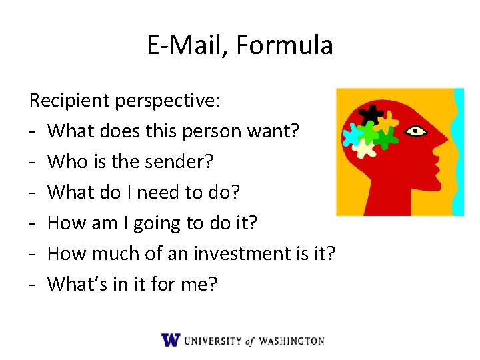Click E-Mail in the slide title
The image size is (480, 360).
pos(186,45)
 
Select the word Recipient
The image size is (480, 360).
pos(69,101)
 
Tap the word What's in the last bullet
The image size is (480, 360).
pos(79,284)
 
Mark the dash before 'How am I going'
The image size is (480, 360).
pos(33,224)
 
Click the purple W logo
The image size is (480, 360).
pos(171,340)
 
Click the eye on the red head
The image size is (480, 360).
pos(417,131)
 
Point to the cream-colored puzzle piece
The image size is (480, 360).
pos(363,147)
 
